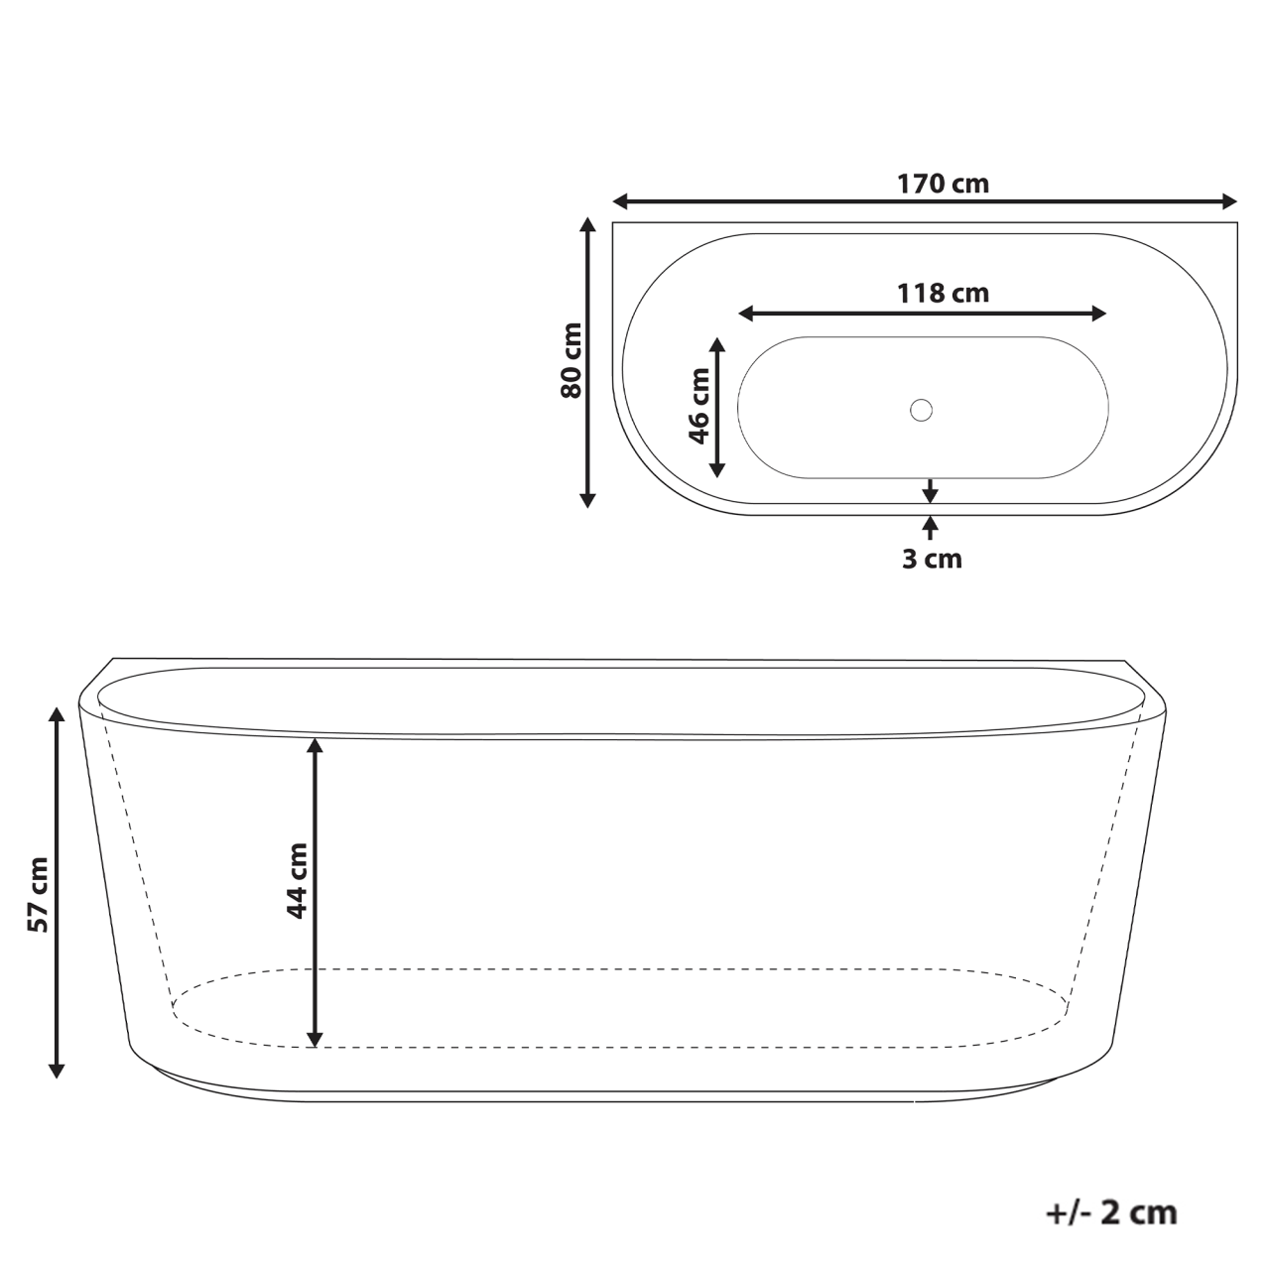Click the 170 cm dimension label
(x=943, y=184)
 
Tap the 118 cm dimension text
(x=943, y=294)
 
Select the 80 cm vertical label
(x=571, y=360)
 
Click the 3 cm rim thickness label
(x=932, y=560)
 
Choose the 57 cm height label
(x=38, y=893)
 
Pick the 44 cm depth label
(x=296, y=880)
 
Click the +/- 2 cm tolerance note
(x=1111, y=1212)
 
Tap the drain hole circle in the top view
(x=922, y=409)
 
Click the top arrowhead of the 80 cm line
(x=587, y=225)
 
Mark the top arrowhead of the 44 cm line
(x=315, y=745)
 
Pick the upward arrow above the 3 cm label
(x=930, y=523)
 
